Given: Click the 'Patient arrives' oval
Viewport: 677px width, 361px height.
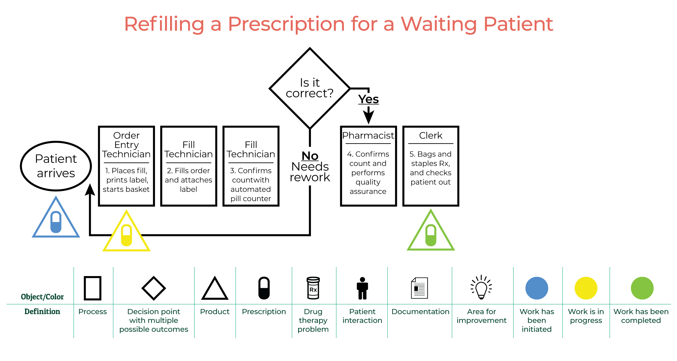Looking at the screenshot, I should pyautogui.click(x=56, y=166).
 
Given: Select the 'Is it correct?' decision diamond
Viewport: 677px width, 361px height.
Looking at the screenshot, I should pyautogui.click(x=310, y=88).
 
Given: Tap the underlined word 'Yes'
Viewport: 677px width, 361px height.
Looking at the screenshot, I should pyautogui.click(x=368, y=99).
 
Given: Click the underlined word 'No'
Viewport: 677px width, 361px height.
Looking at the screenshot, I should pyautogui.click(x=310, y=156).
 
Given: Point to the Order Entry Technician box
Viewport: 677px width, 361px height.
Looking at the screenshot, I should pyautogui.click(x=126, y=166).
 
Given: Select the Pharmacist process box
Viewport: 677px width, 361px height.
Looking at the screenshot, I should pyautogui.click(x=368, y=166).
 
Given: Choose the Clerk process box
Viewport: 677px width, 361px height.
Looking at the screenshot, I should pyautogui.click(x=431, y=166).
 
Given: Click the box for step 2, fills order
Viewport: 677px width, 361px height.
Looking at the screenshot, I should pyautogui.click(x=189, y=166).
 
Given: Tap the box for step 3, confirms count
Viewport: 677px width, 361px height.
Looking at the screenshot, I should pyautogui.click(x=251, y=166).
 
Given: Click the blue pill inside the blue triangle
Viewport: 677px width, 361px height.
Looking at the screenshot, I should pyautogui.click(x=56, y=222).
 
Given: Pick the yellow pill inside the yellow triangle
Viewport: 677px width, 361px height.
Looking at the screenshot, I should pyautogui.click(x=127, y=236).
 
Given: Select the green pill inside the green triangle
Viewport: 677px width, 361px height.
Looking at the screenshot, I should pyautogui.click(x=431, y=235).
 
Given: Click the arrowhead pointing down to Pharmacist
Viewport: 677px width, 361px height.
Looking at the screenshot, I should pyautogui.click(x=369, y=117).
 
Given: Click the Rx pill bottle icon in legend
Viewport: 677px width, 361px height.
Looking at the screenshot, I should pyautogui.click(x=313, y=288).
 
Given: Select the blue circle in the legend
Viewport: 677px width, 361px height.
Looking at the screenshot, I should pyautogui.click(x=537, y=288).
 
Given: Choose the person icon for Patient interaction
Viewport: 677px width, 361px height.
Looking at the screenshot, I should pyautogui.click(x=362, y=288).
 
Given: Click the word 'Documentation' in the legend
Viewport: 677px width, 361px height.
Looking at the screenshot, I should pyautogui.click(x=420, y=312).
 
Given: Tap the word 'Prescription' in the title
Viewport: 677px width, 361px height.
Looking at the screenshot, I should pyautogui.click(x=286, y=24).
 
